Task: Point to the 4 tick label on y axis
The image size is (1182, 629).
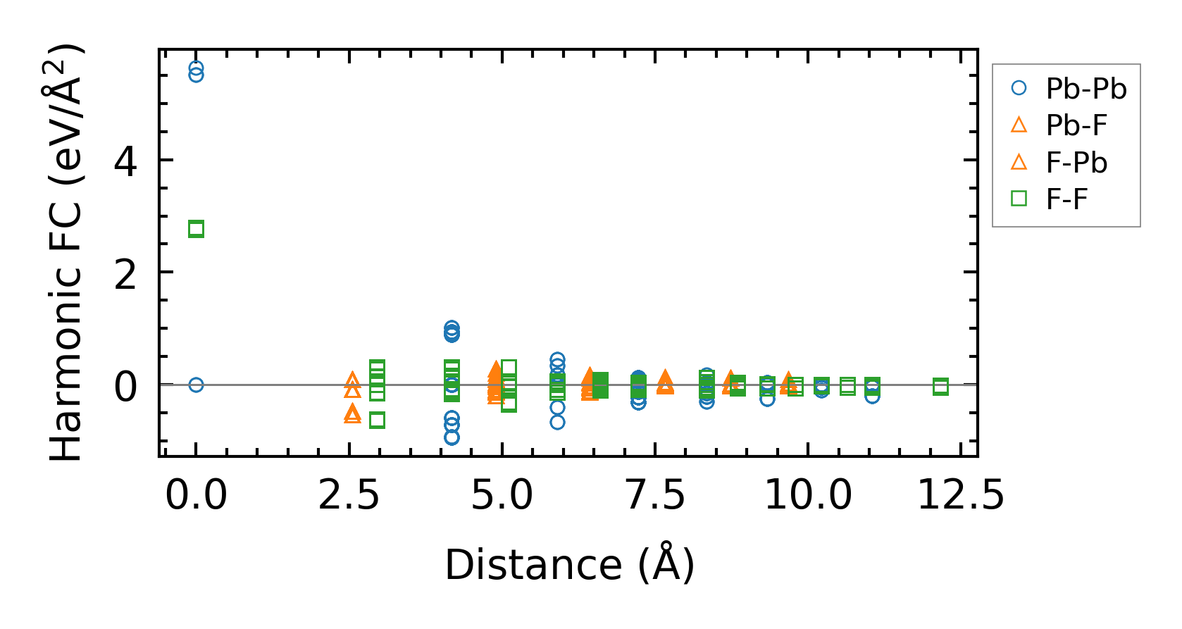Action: point(125,161)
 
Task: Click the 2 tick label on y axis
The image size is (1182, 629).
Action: point(125,273)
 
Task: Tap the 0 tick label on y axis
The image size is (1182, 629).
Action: point(125,386)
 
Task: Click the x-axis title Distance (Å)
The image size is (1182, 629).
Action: point(569,565)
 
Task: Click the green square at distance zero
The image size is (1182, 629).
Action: point(196,229)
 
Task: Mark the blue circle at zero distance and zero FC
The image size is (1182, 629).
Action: point(196,385)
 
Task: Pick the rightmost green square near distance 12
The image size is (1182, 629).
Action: point(940,386)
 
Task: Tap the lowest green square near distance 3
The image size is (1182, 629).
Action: point(377,421)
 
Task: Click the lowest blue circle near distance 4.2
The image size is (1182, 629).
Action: point(452,437)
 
